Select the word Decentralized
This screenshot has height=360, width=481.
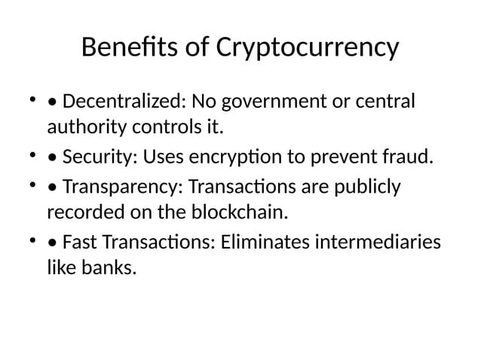123,101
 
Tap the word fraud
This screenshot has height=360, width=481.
412,158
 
